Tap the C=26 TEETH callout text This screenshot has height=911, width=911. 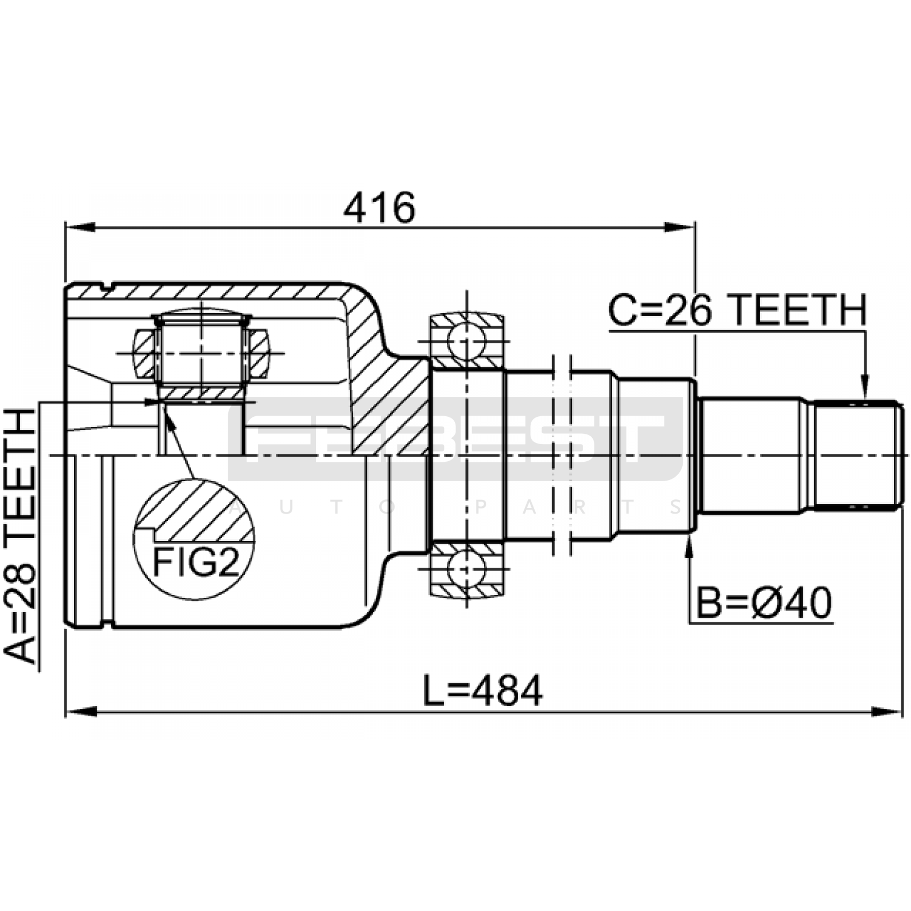pos(737,310)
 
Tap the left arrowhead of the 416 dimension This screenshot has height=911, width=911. pos(80,228)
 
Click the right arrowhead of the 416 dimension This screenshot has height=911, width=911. pos(680,228)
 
